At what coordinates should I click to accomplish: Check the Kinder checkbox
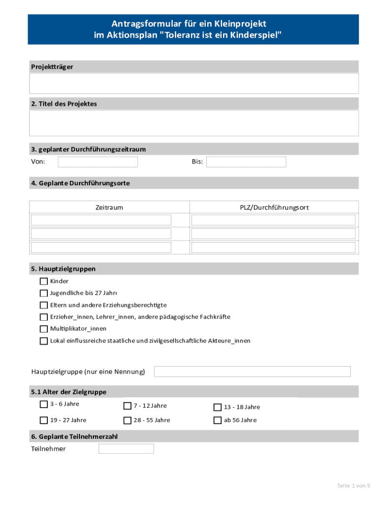pos(44,281)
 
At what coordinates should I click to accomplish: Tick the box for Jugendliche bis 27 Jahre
pos(44,293)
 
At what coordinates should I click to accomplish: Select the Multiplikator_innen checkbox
pos(44,329)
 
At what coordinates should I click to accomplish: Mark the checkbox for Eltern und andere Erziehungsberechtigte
pos(44,305)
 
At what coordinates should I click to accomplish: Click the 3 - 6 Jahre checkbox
pos(44,404)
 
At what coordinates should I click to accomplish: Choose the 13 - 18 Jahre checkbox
pos(217,407)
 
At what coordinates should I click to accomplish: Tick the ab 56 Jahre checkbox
pos(217,420)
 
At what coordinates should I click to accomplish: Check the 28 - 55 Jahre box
pos(127,420)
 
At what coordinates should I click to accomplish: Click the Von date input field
pos(98,162)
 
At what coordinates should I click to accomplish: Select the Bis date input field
pos(246,162)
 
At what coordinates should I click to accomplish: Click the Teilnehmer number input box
pos(126,449)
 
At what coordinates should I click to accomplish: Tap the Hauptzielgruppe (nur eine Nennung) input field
pos(252,372)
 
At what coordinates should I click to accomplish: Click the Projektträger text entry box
pos(194,84)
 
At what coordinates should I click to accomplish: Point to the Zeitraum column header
pos(109,208)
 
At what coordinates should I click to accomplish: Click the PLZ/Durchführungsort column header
pos(274,208)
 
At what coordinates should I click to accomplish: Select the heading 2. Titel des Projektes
pos(64,104)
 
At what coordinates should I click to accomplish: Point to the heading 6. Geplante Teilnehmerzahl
pos(74,437)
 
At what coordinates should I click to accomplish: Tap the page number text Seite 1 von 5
pos(353,486)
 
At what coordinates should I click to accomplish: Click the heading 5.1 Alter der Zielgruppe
pos(69,392)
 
